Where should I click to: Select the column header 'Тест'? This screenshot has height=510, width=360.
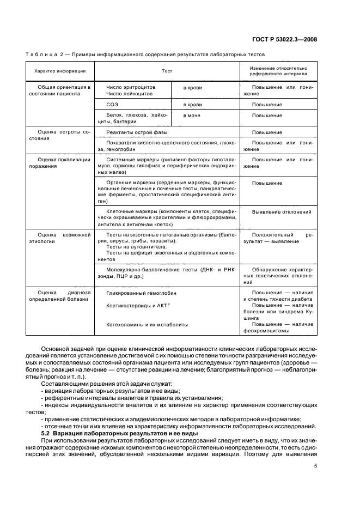pyautogui.click(x=167, y=71)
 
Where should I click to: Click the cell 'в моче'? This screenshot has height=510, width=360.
pyautogui.click(x=192, y=116)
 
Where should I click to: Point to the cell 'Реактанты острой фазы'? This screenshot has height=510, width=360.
pyautogui.click(x=137, y=132)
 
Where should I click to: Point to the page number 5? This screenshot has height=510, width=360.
pyautogui.click(x=315, y=451)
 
